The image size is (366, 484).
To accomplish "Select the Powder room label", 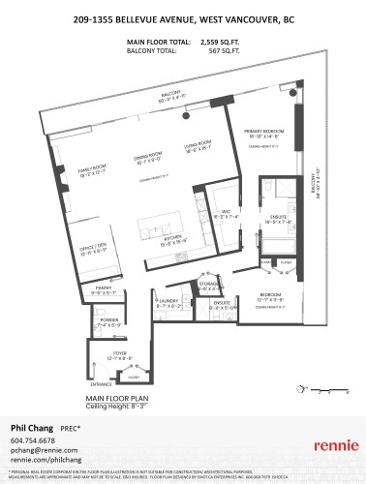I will click(x=109, y=321).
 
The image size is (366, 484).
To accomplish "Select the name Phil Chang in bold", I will click(x=30, y=426).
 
